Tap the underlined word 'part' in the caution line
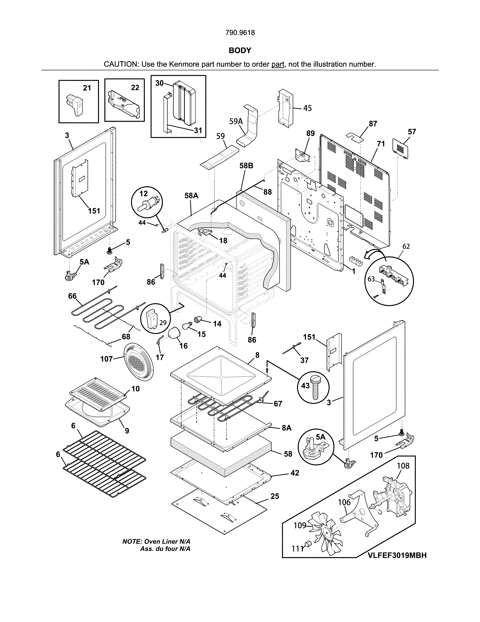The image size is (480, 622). click(x=277, y=64)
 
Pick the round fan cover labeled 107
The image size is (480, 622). click(x=138, y=362)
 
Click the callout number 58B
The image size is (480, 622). click(x=246, y=166)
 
